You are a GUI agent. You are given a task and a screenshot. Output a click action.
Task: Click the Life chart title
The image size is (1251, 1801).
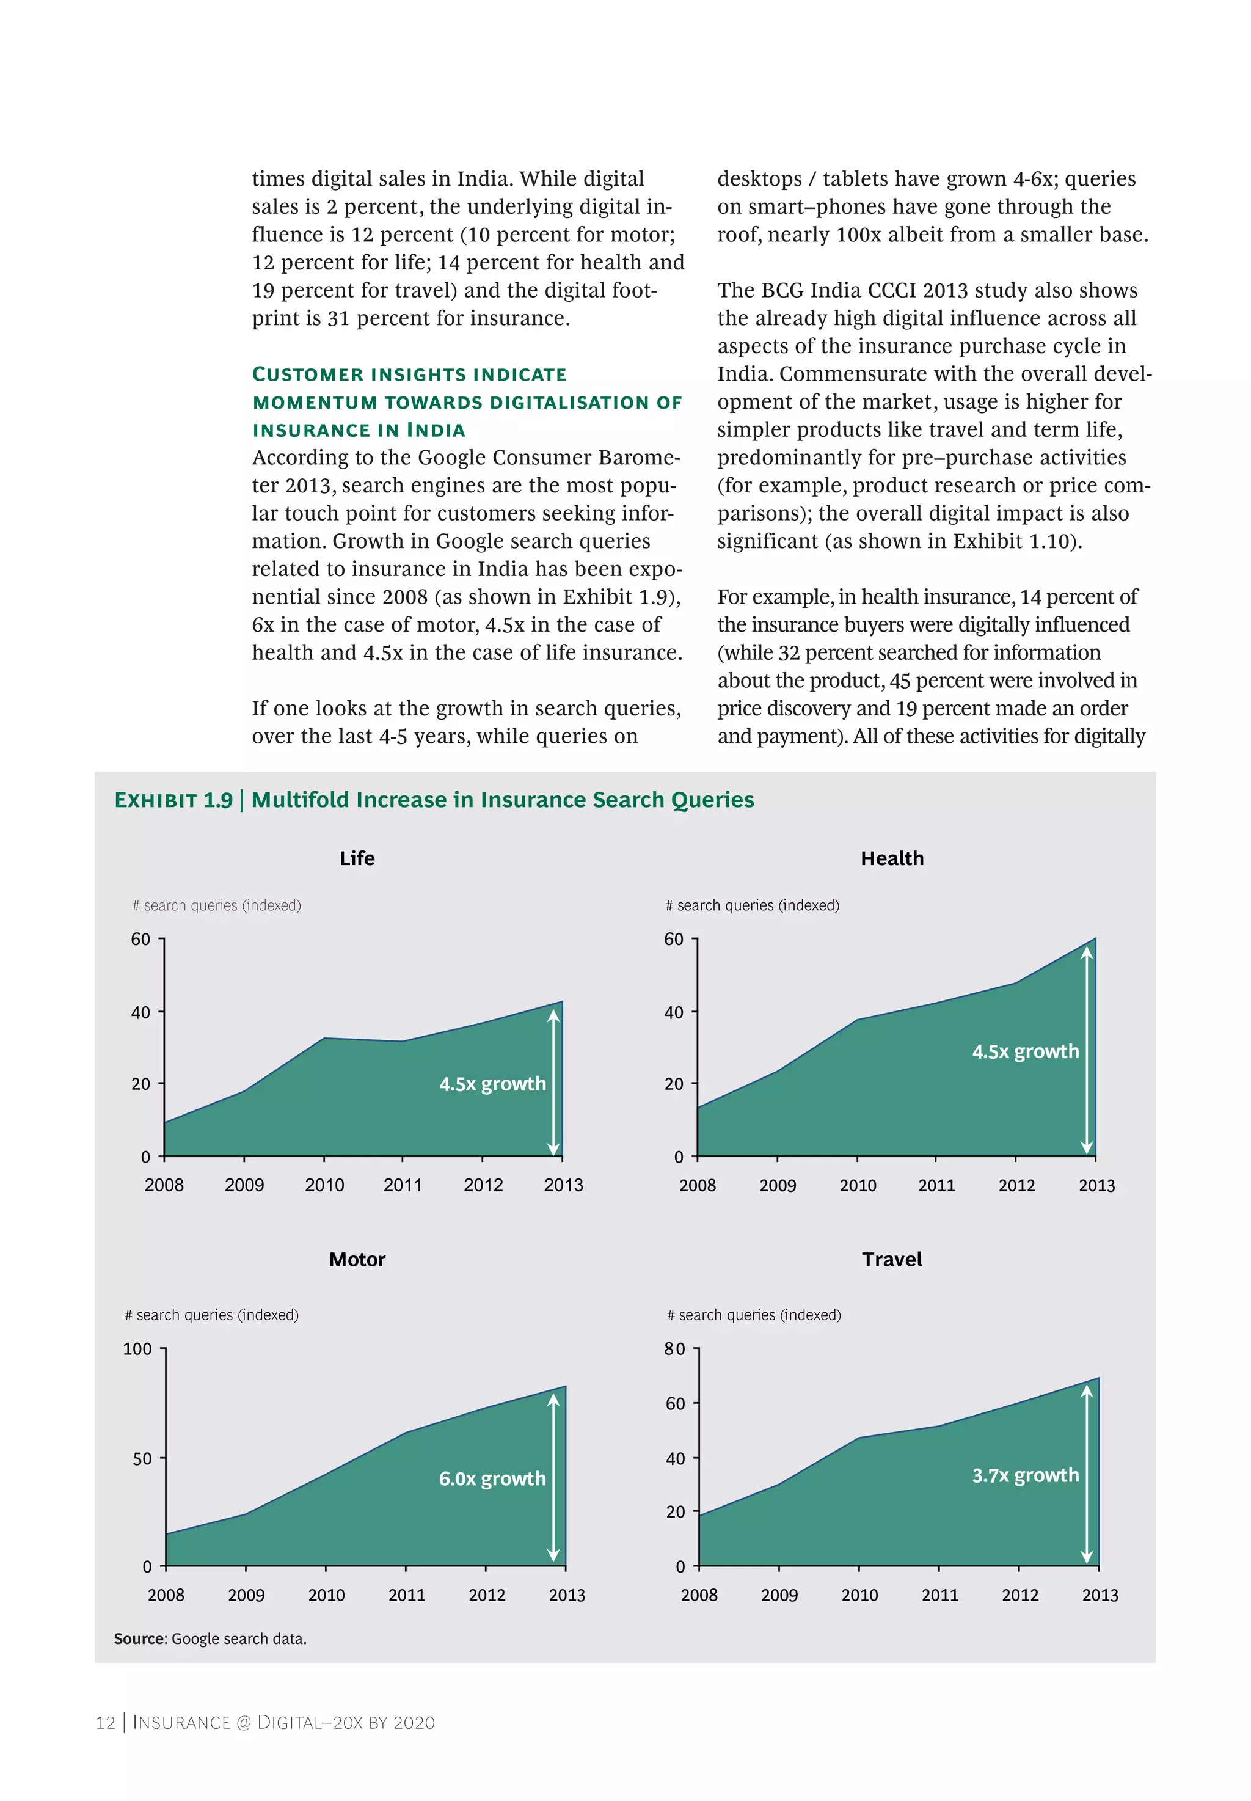(357, 858)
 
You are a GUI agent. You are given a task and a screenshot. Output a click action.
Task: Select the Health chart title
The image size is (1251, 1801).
(892, 858)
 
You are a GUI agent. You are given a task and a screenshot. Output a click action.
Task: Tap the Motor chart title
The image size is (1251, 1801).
(357, 1260)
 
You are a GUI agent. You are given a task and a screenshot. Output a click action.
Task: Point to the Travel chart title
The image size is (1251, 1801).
(892, 1260)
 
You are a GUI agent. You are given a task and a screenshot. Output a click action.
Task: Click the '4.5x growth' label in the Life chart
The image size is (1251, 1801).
(492, 1084)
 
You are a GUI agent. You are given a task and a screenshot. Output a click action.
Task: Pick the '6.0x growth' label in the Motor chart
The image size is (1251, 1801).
(492, 1479)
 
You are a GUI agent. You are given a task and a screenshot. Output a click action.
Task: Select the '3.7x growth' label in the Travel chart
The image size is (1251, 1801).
(1025, 1476)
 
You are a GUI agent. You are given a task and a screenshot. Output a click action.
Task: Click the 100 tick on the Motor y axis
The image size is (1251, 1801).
(137, 1349)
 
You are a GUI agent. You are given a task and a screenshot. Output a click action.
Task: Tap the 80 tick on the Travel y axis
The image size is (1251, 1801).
(674, 1349)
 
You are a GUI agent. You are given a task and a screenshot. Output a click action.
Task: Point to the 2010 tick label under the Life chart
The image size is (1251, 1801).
(324, 1185)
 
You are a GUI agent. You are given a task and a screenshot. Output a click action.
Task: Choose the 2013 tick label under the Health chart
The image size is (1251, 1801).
(1096, 1186)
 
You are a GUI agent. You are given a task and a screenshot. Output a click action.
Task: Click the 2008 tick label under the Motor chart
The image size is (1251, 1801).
(166, 1595)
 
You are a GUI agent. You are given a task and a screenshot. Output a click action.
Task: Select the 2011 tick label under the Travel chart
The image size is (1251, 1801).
(940, 1595)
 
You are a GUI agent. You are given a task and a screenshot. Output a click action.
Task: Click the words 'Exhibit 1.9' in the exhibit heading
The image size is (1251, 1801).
(173, 800)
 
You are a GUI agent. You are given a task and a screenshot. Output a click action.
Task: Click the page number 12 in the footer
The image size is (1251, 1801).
(105, 1723)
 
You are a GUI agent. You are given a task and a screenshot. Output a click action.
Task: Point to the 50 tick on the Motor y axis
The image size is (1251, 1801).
(142, 1459)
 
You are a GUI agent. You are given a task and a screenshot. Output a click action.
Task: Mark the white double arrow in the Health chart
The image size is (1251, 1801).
(1087, 1050)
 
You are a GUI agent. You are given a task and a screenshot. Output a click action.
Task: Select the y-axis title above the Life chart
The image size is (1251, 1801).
(216, 905)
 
